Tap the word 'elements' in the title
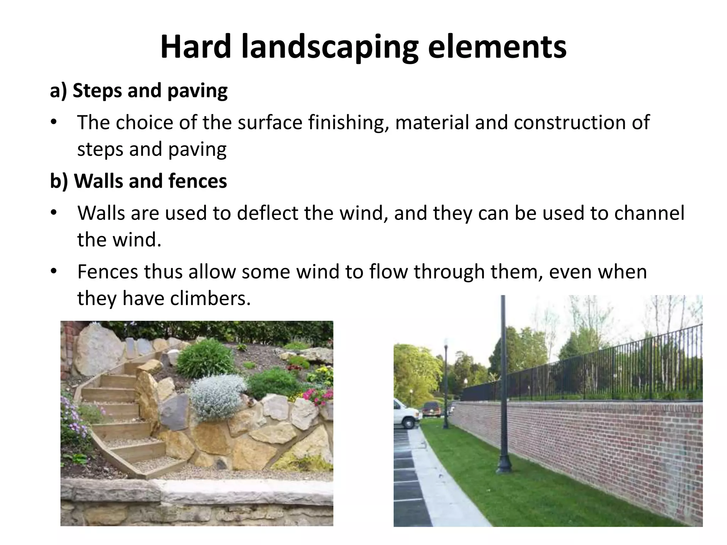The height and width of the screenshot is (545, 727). [x=497, y=47]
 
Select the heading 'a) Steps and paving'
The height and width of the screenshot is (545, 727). [x=138, y=91]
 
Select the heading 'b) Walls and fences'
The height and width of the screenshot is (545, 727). [x=138, y=181]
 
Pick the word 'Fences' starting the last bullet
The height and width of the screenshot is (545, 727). [x=107, y=272]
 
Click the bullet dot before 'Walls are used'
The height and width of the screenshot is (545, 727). [x=53, y=213]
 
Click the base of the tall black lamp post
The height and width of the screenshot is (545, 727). [x=504, y=465]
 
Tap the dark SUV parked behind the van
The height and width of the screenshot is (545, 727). [x=431, y=409]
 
